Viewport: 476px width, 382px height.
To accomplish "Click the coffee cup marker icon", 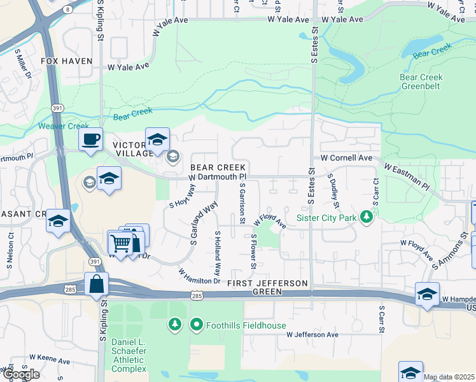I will [90, 139].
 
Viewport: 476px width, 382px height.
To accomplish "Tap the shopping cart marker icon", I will [119, 243].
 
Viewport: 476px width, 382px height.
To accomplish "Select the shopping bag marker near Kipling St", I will [96, 285].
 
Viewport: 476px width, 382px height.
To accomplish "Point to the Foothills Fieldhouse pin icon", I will [197, 325].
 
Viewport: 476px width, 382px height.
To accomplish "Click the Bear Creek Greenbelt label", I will [421, 82].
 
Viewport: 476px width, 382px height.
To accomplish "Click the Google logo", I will [20, 374].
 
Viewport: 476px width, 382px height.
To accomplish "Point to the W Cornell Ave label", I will [346, 157].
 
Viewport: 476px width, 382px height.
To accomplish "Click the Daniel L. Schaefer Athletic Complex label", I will [129, 355].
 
